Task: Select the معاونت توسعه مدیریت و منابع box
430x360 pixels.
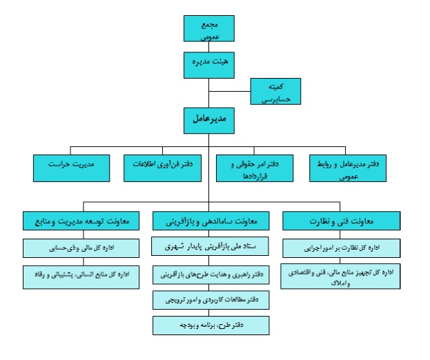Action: point(81,221)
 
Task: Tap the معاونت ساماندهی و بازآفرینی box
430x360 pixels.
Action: point(211,221)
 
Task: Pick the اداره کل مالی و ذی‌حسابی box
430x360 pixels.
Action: point(81,249)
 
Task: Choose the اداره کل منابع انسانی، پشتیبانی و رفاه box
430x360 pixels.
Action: point(81,276)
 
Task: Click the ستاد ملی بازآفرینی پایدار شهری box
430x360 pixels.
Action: point(211,246)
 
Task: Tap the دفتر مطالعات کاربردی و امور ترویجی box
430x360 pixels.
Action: point(211,301)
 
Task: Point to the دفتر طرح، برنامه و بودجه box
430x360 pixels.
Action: point(211,324)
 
